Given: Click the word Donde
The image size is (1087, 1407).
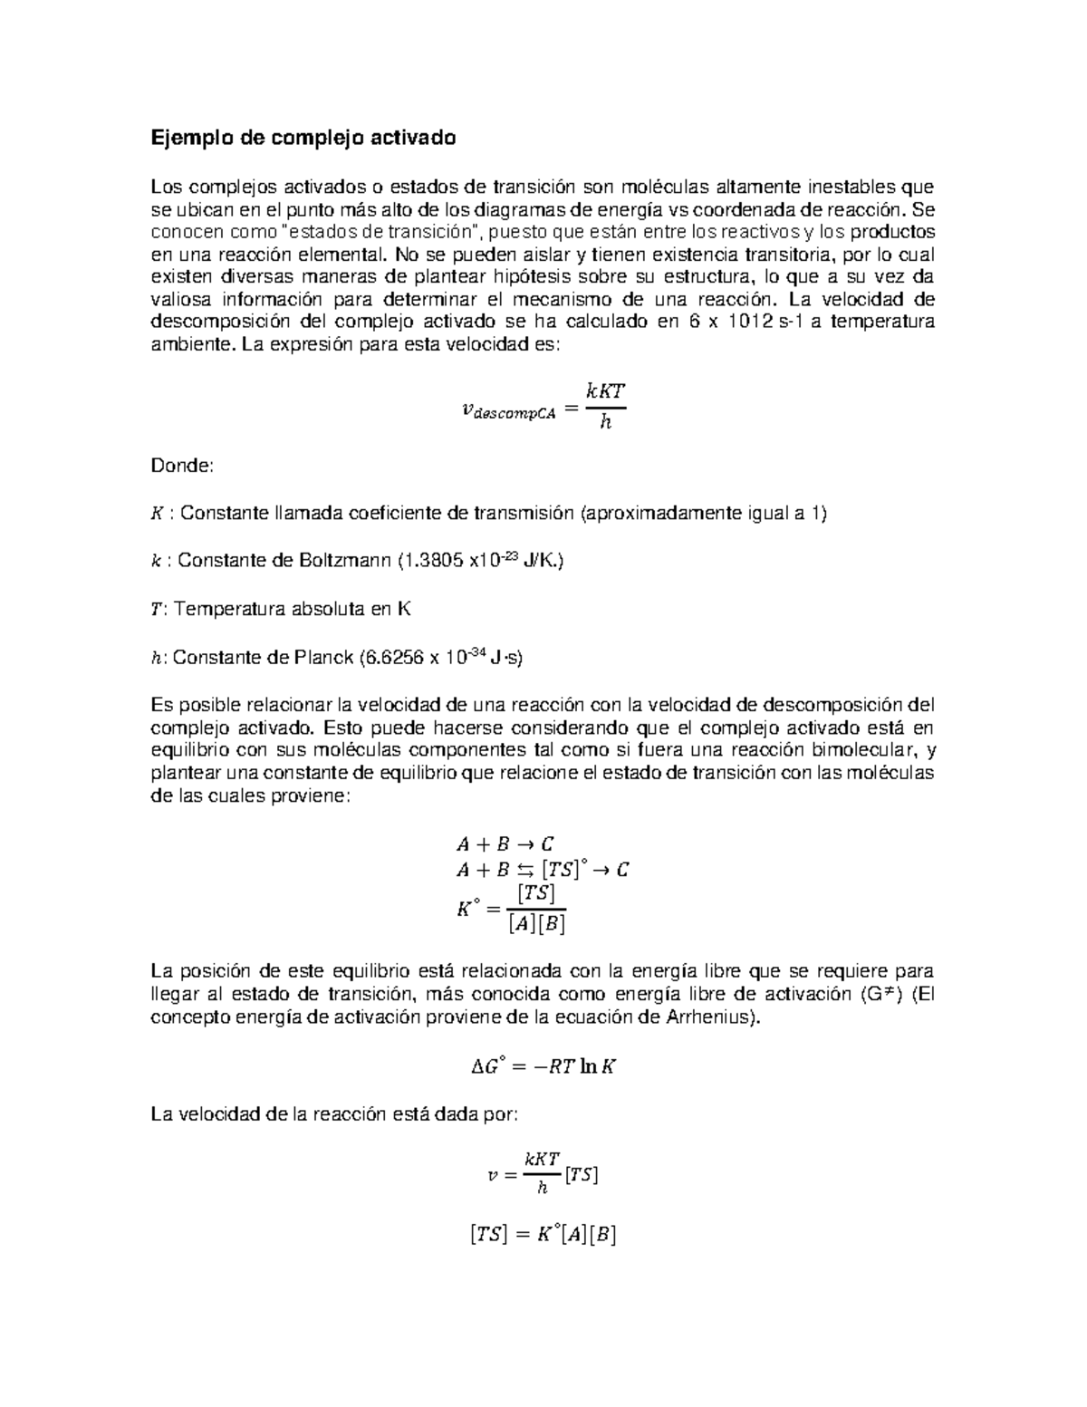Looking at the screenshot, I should (x=181, y=466).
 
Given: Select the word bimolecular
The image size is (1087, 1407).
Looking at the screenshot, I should (x=864, y=750).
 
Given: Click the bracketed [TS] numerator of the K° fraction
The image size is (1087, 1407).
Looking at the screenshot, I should (x=535, y=893).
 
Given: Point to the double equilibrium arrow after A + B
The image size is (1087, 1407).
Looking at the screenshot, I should (x=526, y=871).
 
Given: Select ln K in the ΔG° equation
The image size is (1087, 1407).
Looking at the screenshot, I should (x=599, y=1067).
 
